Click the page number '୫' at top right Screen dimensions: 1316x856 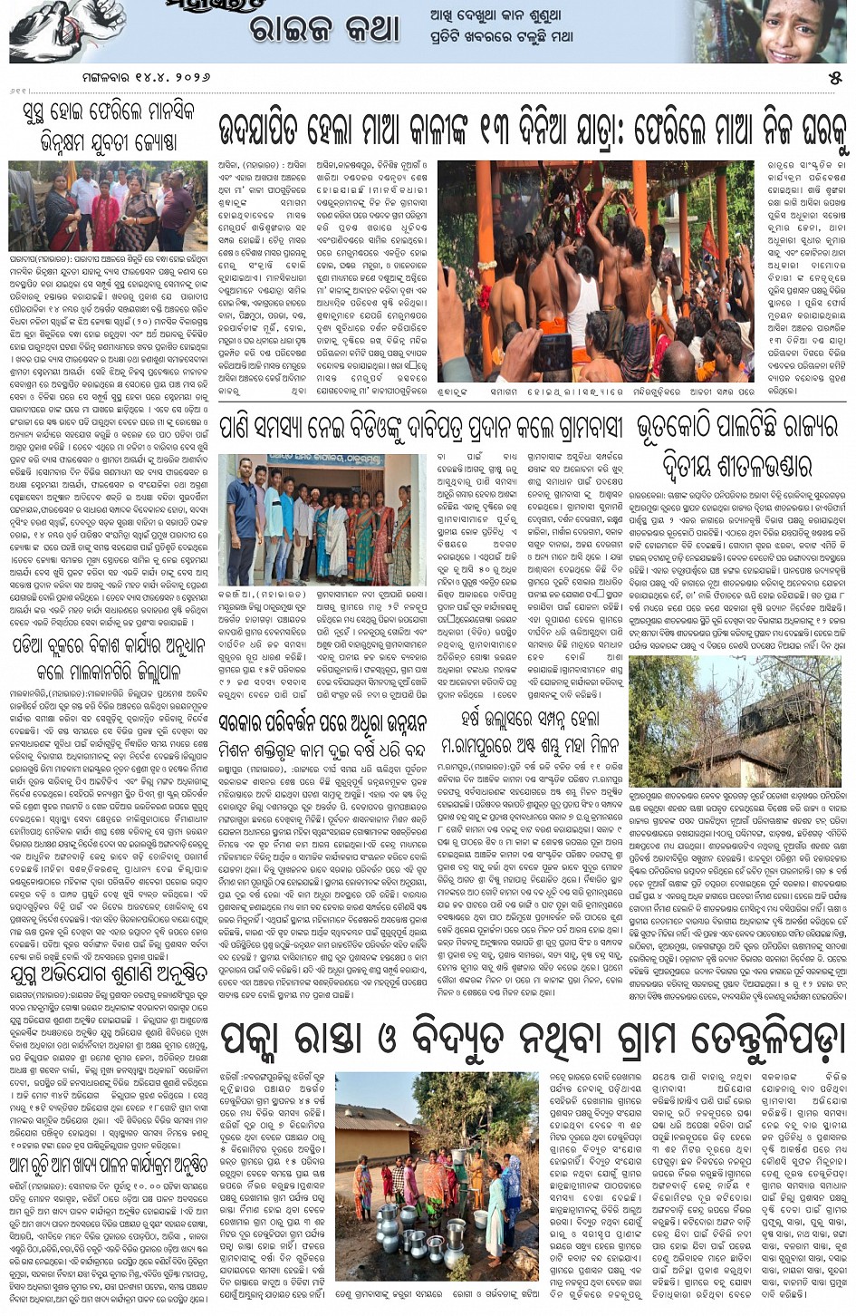pyautogui.click(x=834, y=78)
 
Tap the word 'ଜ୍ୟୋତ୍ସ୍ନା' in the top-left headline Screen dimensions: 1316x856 pyautogui.click(x=146, y=142)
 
